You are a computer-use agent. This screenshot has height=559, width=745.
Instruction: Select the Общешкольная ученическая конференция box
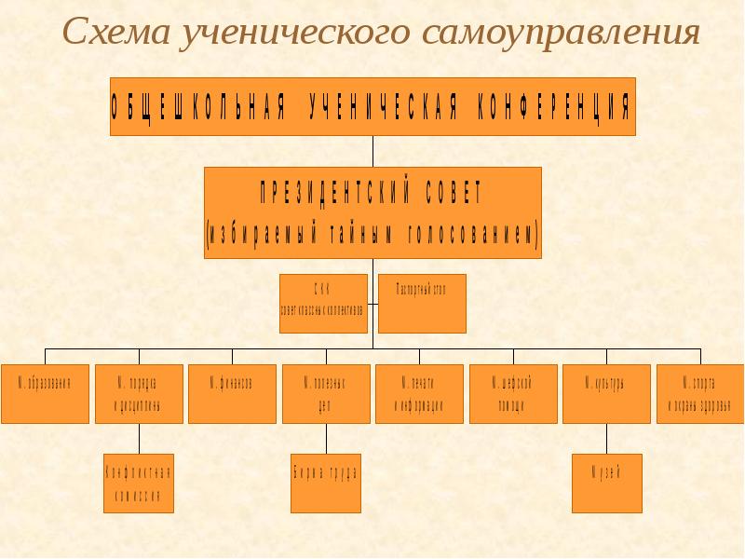point(372,106)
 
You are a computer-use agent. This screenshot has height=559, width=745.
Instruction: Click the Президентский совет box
point(372,212)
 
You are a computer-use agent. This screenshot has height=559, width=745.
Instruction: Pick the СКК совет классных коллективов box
point(323,303)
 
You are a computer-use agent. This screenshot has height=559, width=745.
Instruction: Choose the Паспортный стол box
point(423,303)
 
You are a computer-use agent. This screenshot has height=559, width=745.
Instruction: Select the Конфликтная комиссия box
point(139,483)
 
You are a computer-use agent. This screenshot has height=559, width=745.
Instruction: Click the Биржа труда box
point(325,483)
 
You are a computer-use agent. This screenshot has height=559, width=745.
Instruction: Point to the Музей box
point(606,483)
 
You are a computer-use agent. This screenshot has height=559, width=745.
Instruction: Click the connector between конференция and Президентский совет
point(372,152)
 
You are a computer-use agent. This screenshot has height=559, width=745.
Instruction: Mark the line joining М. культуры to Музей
point(606,438)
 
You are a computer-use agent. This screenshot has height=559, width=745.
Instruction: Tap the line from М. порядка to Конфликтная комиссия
point(140,438)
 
